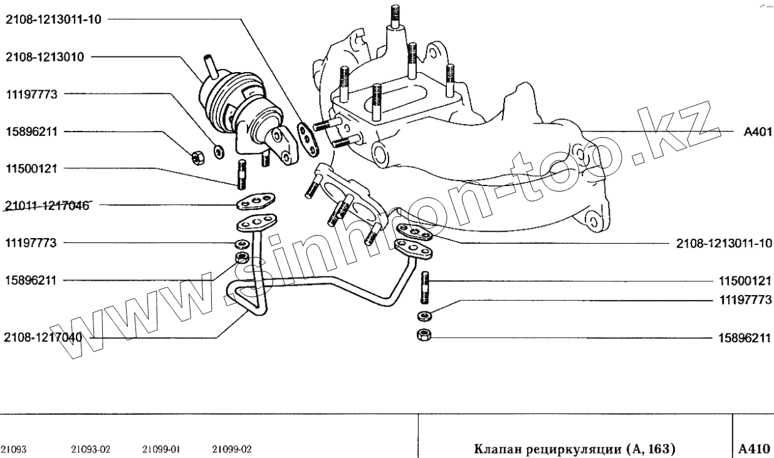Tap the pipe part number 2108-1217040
click(x=44, y=338)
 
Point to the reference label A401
click(x=757, y=132)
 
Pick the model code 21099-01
click(x=162, y=449)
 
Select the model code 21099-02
click(x=232, y=449)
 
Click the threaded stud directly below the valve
click(x=241, y=175)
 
